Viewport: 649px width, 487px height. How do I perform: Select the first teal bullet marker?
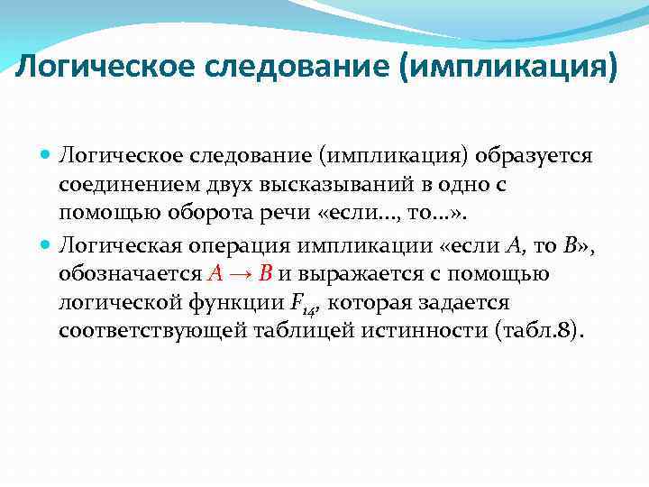47,154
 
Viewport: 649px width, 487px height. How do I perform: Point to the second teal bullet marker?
47,243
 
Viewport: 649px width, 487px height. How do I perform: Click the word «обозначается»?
130,273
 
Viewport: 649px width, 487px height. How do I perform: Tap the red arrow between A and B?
241,273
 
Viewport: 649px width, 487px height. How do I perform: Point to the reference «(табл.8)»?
538,332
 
